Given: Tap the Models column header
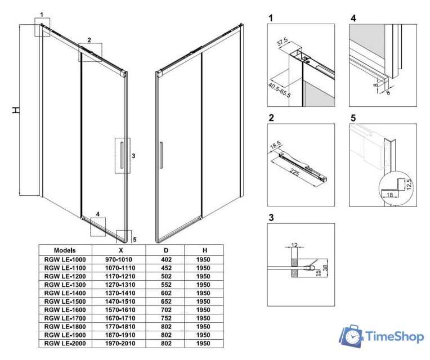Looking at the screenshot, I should coord(65,250).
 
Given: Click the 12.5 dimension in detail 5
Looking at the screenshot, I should coord(410,184).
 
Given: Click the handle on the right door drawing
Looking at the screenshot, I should coord(161,155).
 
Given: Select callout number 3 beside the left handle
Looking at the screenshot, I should coord(133,156).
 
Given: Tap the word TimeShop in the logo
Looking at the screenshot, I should coord(394,337).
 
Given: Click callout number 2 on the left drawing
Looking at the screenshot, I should coord(88,40).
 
